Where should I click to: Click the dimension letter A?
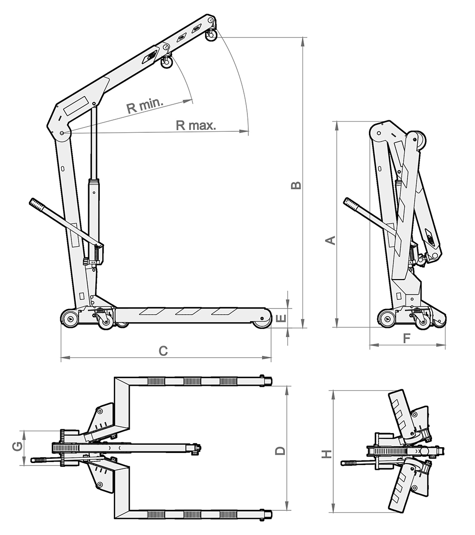pos(331,239)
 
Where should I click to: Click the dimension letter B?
pos(297,185)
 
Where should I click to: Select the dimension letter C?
pos(163,351)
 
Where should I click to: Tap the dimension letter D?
pos(280,451)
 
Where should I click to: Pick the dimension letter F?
pos(407,338)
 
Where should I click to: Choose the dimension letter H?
pos(327,454)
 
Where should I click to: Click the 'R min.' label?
pos(145,106)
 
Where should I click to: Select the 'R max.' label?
pos(196,126)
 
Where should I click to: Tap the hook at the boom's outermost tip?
pos(211,36)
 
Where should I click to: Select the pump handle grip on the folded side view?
pos(351,204)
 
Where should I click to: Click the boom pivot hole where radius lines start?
pos(62,133)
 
